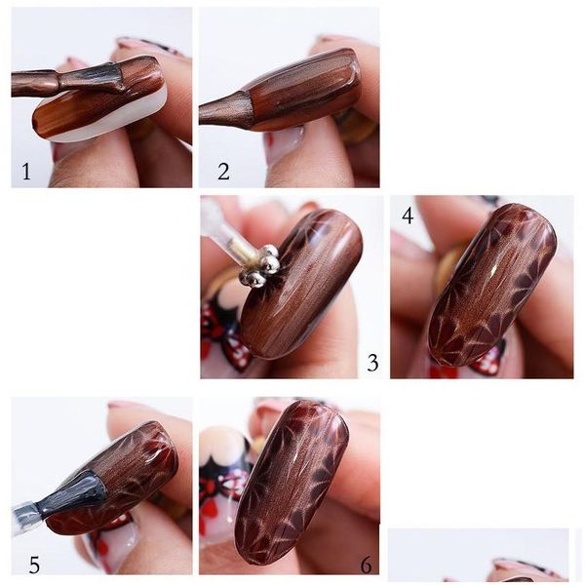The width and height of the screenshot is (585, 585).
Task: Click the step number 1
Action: tap(26, 173)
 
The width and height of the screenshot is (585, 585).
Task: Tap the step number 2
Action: tap(223, 173)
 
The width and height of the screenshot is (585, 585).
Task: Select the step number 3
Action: tap(372, 363)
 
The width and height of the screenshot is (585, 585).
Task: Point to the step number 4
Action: tap(408, 214)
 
